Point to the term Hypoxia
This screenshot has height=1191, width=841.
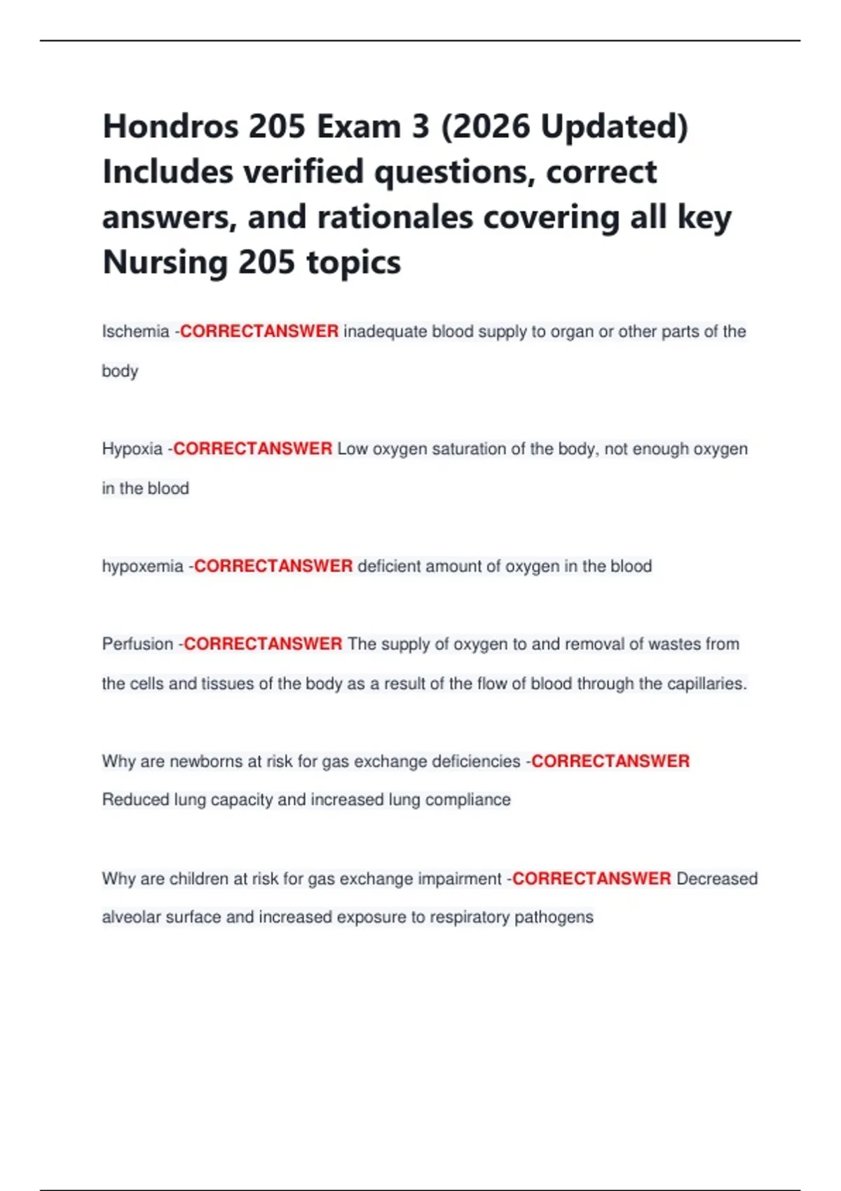[x=132, y=449]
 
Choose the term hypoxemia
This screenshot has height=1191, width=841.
[x=143, y=566]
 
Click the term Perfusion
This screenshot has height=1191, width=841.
[x=137, y=644]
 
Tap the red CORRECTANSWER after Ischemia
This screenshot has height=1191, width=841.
[x=259, y=331]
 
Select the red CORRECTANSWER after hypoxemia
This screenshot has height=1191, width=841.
[x=273, y=566]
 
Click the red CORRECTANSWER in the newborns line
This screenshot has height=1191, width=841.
[x=610, y=762]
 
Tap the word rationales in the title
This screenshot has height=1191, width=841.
[x=395, y=218]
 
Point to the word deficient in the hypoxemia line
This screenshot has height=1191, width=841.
[x=389, y=566]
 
